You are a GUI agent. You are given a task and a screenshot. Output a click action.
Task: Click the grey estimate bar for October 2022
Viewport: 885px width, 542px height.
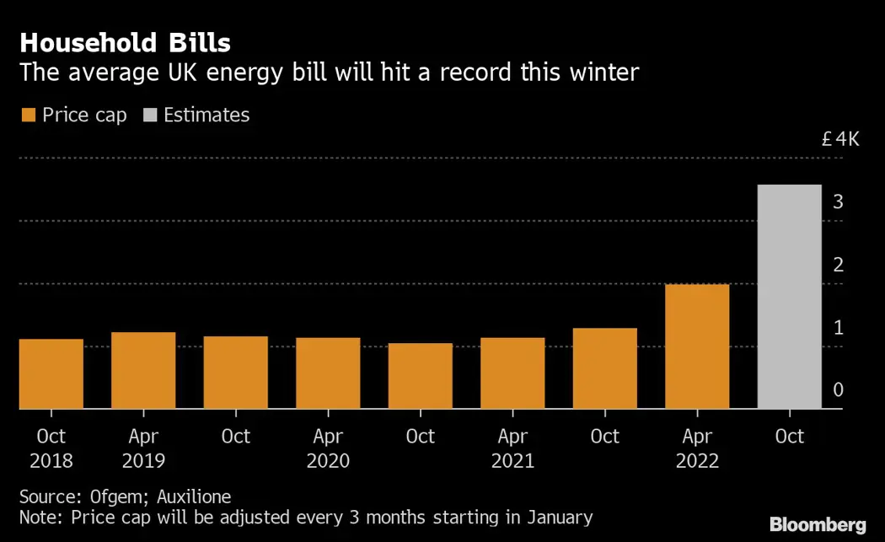[789, 297]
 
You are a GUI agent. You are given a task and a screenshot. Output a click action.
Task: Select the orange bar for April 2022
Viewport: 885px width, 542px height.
[697, 346]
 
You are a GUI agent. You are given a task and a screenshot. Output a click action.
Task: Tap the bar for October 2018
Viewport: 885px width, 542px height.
[51, 373]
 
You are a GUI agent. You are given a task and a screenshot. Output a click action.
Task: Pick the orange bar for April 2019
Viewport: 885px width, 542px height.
[143, 370]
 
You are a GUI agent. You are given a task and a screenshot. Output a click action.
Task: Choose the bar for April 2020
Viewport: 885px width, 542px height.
[328, 373]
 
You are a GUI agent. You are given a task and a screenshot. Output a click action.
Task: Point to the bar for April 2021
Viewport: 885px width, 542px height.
[512, 373]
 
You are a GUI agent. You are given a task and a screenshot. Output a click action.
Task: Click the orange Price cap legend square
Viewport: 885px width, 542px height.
[28, 115]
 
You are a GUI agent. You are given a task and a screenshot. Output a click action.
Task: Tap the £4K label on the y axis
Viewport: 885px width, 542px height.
[840, 139]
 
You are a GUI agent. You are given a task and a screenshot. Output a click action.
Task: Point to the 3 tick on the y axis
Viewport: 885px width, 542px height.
[839, 202]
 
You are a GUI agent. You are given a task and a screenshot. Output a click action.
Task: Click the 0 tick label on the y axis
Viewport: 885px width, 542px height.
[839, 390]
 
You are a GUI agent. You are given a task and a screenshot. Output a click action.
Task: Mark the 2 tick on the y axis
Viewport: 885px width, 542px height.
[839, 265]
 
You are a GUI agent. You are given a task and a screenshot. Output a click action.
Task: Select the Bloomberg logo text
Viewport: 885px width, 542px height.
[818, 525]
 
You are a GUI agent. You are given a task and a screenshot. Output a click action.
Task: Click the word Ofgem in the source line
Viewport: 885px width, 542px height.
[113, 496]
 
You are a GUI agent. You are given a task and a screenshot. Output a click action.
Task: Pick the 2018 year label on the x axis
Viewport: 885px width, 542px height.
[51, 462]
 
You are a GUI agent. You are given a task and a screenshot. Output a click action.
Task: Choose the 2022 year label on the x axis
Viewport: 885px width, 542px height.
[697, 462]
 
